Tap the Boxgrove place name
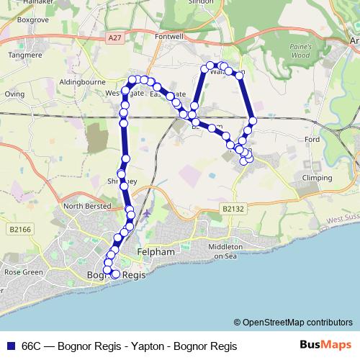[32, 21]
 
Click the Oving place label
[14, 94]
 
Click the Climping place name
[317, 177]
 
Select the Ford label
[312, 139]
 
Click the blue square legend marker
[11, 346]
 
